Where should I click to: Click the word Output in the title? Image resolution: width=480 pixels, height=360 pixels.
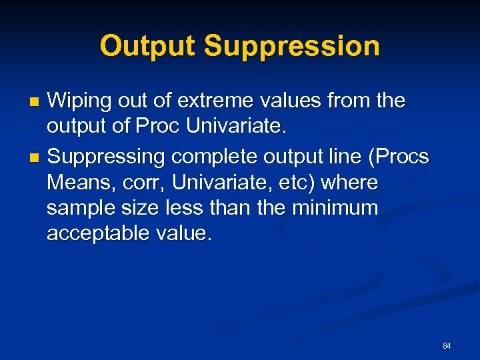point(148,47)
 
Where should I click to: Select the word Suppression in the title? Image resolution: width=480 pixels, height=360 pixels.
point(292,47)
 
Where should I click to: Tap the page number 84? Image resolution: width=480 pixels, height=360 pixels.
point(447,346)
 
